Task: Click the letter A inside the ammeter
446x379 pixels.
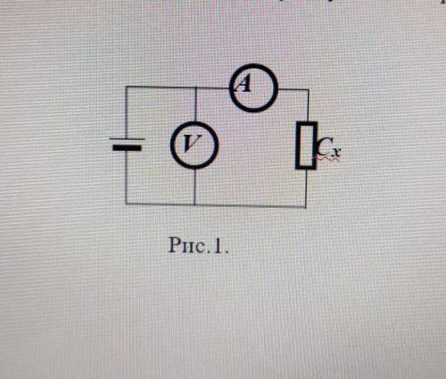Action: (x=244, y=83)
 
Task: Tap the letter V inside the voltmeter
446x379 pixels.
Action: (x=191, y=144)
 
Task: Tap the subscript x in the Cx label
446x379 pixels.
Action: (x=336, y=152)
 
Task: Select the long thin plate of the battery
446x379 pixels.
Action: (x=128, y=139)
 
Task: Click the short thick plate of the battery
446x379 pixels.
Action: (x=127, y=147)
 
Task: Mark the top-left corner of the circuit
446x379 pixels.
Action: (x=126, y=87)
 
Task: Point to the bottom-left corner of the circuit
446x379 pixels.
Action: (x=126, y=204)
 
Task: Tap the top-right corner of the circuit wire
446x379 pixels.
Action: (x=309, y=89)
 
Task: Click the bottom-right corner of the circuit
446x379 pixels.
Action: (x=306, y=206)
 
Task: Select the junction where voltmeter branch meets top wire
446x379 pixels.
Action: (x=196, y=87)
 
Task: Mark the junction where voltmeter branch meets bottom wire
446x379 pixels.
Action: (x=194, y=204)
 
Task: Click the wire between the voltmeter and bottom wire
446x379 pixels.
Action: (x=194, y=186)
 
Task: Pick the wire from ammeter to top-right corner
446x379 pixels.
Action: (x=293, y=89)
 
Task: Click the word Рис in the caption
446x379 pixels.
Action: (x=186, y=245)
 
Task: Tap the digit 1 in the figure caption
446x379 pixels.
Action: (x=219, y=246)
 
